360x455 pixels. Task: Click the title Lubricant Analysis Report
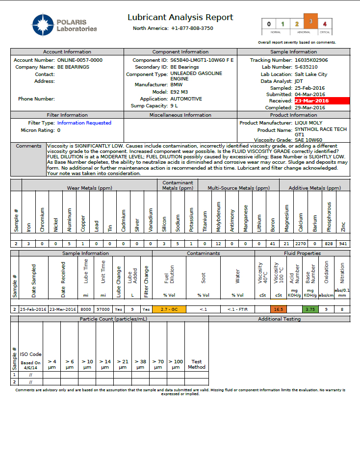pos(180,18)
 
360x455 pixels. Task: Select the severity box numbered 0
pos(268,24)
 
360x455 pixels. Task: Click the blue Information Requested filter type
pos(84,123)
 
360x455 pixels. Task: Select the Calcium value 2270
pos(301,244)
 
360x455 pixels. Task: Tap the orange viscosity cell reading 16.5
pos(279,309)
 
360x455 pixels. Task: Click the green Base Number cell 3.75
pos(310,309)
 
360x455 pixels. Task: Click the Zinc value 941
pos(343,244)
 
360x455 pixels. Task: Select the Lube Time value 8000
pos(85,309)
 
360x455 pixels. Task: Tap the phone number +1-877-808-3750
pos(192,28)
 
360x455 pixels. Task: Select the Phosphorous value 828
pos(329,244)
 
